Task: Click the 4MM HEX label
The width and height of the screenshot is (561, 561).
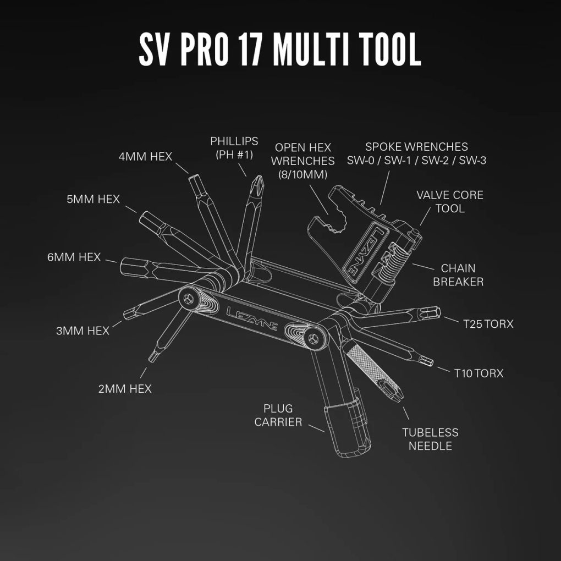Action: (x=145, y=156)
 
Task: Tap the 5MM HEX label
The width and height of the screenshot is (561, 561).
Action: (x=93, y=199)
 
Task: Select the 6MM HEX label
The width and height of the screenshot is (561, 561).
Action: (x=74, y=257)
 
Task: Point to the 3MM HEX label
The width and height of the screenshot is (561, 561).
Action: (x=82, y=331)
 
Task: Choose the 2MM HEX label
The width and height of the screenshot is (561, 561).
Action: (x=125, y=389)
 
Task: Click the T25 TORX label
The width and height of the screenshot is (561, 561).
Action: (x=488, y=324)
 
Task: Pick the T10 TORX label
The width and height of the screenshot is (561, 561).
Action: (x=479, y=373)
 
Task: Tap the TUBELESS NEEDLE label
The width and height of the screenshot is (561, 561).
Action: (x=430, y=439)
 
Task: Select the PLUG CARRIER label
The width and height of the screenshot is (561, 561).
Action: (x=278, y=415)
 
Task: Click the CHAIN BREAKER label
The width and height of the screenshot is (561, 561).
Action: (x=458, y=275)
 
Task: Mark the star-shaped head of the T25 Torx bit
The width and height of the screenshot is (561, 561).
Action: (x=432, y=313)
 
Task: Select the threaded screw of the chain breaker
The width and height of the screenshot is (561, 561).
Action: (x=392, y=259)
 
